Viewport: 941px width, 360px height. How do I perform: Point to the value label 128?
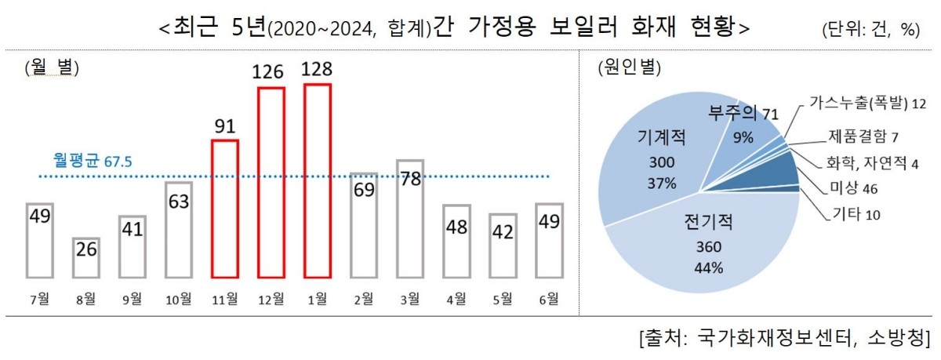tap(318, 71)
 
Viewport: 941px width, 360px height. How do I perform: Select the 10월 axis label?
tap(179, 298)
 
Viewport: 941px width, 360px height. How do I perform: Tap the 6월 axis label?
tap(549, 298)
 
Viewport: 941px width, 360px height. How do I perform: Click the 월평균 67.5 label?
tap(92, 161)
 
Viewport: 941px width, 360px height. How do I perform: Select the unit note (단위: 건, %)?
tap(870, 30)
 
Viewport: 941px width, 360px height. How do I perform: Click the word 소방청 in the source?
tap(897, 338)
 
